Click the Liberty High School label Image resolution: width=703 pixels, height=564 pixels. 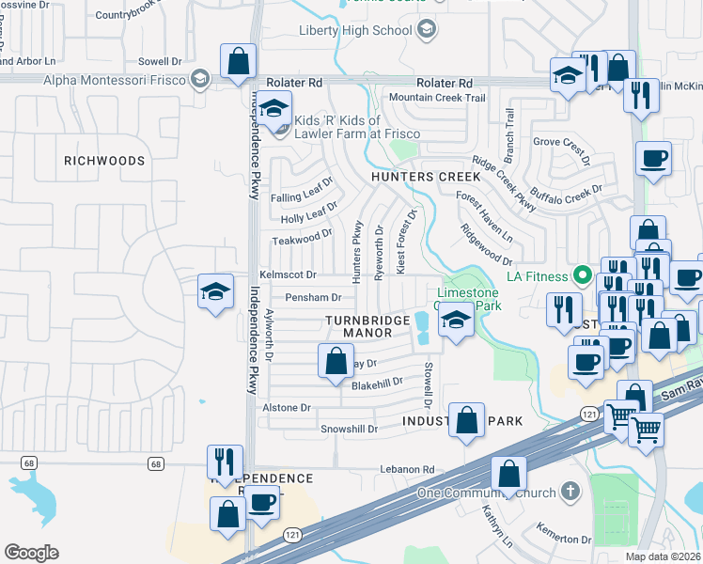[355, 30]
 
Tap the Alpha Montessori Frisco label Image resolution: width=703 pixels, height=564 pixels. [116, 78]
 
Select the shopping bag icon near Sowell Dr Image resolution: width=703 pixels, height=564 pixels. [239, 62]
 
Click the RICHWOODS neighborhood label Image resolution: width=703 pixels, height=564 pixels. [104, 161]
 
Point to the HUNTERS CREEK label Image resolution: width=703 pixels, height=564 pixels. [426, 177]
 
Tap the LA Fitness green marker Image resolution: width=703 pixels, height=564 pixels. [583, 276]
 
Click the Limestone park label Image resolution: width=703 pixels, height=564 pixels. [467, 299]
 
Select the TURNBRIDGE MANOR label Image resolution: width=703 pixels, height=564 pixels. [367, 326]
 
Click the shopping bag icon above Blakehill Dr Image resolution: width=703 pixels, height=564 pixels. [336, 362]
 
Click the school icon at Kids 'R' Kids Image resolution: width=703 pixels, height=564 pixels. [273, 109]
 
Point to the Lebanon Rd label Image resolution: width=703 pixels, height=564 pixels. [407, 469]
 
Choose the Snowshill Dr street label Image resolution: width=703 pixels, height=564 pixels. [349, 429]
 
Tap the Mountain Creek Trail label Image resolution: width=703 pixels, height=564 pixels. [437, 98]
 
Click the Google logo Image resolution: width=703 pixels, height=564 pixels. [31, 552]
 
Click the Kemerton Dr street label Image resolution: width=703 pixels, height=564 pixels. [564, 539]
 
